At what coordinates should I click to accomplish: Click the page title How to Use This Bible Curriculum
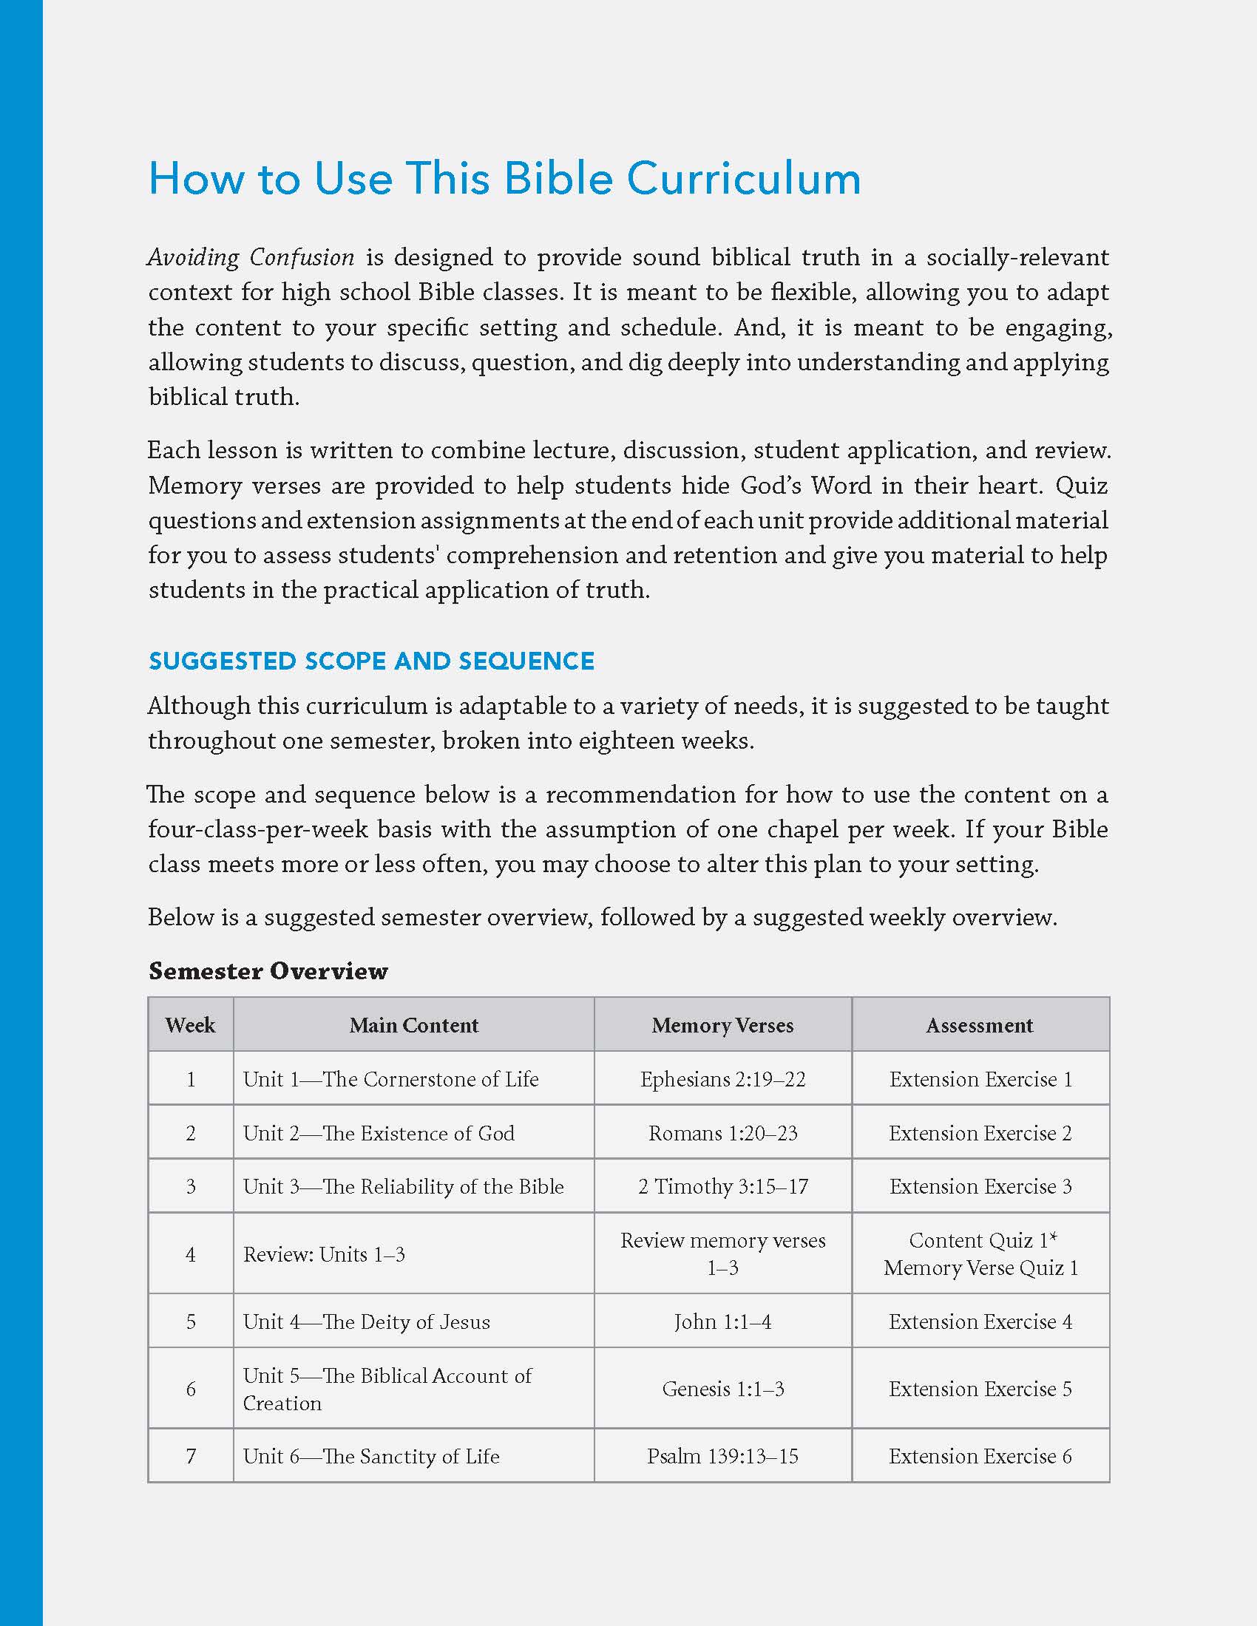504,179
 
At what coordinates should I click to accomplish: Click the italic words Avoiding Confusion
251,258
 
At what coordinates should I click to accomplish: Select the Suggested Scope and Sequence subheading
371,661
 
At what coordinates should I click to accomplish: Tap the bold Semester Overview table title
268,971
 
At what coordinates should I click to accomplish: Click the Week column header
191,1025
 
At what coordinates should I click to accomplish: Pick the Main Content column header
414,1025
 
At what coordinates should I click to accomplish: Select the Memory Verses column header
722,1025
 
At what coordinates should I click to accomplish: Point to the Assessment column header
979,1025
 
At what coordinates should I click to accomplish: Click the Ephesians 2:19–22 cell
722,1079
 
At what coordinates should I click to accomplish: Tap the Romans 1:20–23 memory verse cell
722,1133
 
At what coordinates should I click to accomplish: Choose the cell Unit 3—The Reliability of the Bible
403,1186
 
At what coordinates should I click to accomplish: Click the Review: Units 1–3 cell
324,1254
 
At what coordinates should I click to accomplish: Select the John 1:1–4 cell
722,1321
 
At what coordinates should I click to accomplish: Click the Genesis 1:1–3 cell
722,1389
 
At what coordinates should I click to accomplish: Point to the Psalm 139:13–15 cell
722,1455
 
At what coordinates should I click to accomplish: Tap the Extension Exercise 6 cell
980,1455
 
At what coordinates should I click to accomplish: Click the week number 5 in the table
191,1321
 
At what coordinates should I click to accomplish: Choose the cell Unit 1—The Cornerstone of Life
390,1079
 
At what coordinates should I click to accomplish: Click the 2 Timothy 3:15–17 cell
722,1186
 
